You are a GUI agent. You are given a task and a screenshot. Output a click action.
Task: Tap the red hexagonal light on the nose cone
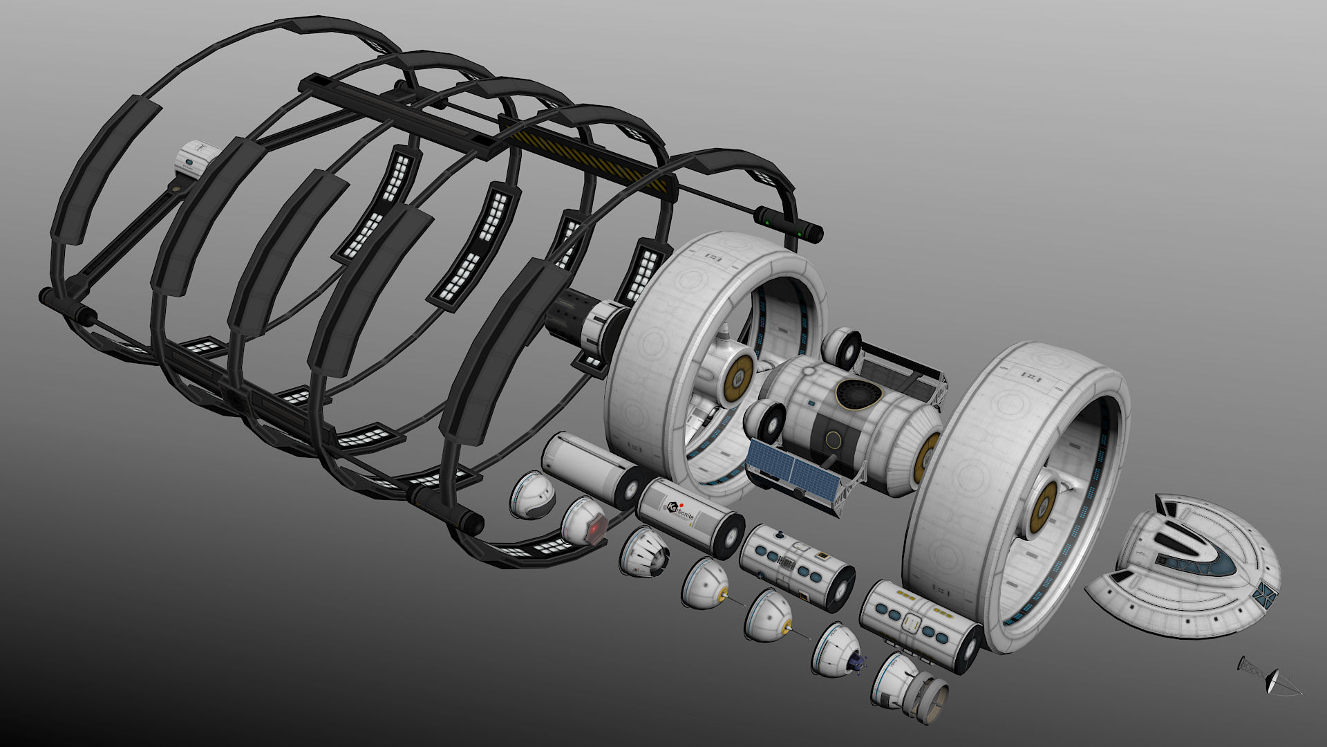click(596, 530)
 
